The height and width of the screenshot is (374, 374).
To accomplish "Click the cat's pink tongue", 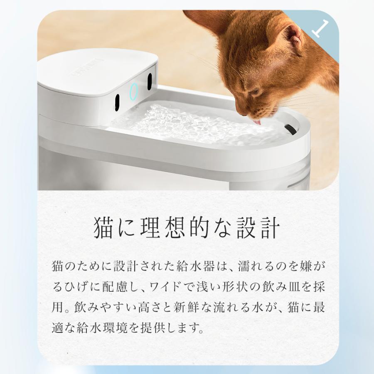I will pos(258,122).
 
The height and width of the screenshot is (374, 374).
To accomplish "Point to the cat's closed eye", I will pos(254,92).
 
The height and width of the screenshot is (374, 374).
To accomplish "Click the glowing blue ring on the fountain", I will pos(133,91).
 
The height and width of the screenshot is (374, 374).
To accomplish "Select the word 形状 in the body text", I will pos(226,288).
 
